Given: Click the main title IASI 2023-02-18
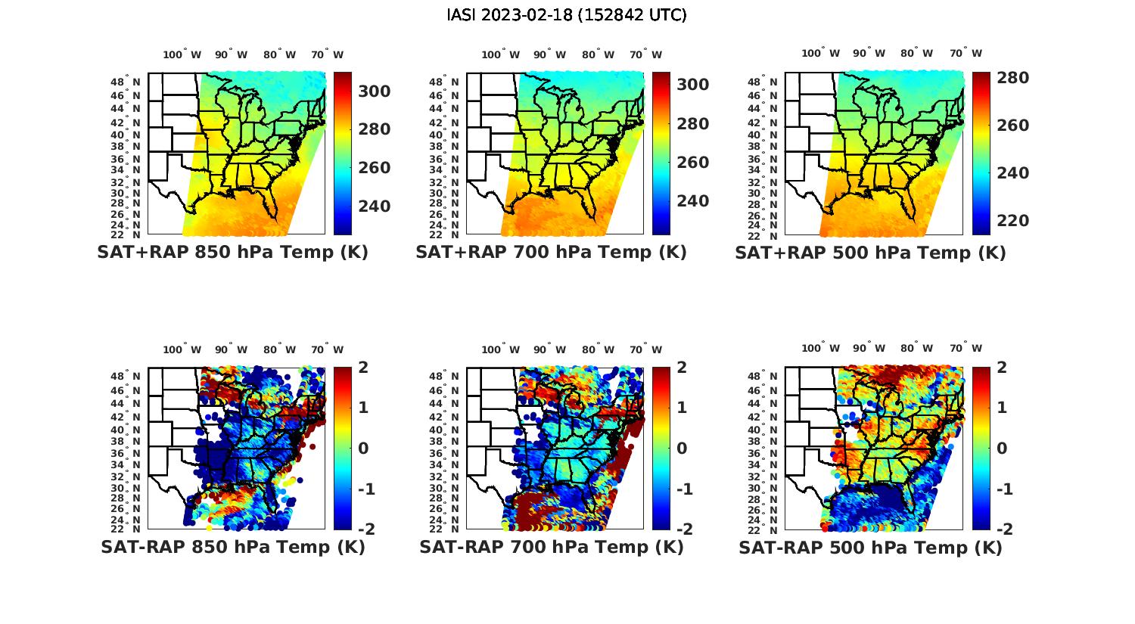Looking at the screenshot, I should click(567, 14).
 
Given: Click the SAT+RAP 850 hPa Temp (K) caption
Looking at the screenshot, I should click(232, 252).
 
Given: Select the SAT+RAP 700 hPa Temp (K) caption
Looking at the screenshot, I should click(551, 252).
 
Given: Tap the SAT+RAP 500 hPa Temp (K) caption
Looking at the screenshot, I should click(870, 253).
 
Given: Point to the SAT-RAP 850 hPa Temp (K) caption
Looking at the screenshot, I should click(232, 547).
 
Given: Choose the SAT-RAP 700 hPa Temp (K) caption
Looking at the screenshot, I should click(551, 547).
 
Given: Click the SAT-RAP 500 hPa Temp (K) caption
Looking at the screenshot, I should click(870, 548).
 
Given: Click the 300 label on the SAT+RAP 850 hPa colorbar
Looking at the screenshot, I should click(375, 92).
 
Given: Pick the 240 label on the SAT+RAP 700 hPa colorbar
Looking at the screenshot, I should click(693, 200).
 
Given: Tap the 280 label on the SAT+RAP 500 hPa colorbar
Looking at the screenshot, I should click(1013, 78).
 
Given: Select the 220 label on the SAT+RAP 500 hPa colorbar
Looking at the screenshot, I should click(1013, 221).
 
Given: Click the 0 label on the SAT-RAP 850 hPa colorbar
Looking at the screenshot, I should click(362, 448).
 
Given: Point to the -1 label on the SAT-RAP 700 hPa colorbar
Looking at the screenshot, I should click(684, 489).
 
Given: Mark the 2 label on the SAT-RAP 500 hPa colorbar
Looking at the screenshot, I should click(1002, 368).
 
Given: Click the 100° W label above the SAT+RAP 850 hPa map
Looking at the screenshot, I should click(182, 54).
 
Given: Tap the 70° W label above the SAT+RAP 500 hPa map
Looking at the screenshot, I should click(966, 53).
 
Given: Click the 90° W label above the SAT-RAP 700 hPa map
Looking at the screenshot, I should click(549, 349).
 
